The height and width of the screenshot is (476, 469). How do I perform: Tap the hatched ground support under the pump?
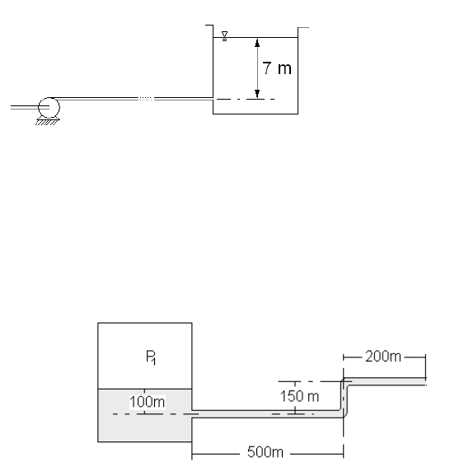click(46, 122)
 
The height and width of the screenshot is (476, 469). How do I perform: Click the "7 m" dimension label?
click(277, 68)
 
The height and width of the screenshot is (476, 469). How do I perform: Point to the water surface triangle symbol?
click(224, 35)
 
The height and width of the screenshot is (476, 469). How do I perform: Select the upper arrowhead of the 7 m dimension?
click(257, 43)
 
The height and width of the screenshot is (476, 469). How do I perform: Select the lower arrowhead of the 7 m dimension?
click(257, 94)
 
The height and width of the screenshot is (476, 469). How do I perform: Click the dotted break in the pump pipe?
click(146, 99)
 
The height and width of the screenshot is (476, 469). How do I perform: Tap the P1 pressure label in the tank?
click(151, 357)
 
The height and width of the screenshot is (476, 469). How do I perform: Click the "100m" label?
click(148, 402)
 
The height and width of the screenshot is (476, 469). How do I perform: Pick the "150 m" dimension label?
click(299, 396)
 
